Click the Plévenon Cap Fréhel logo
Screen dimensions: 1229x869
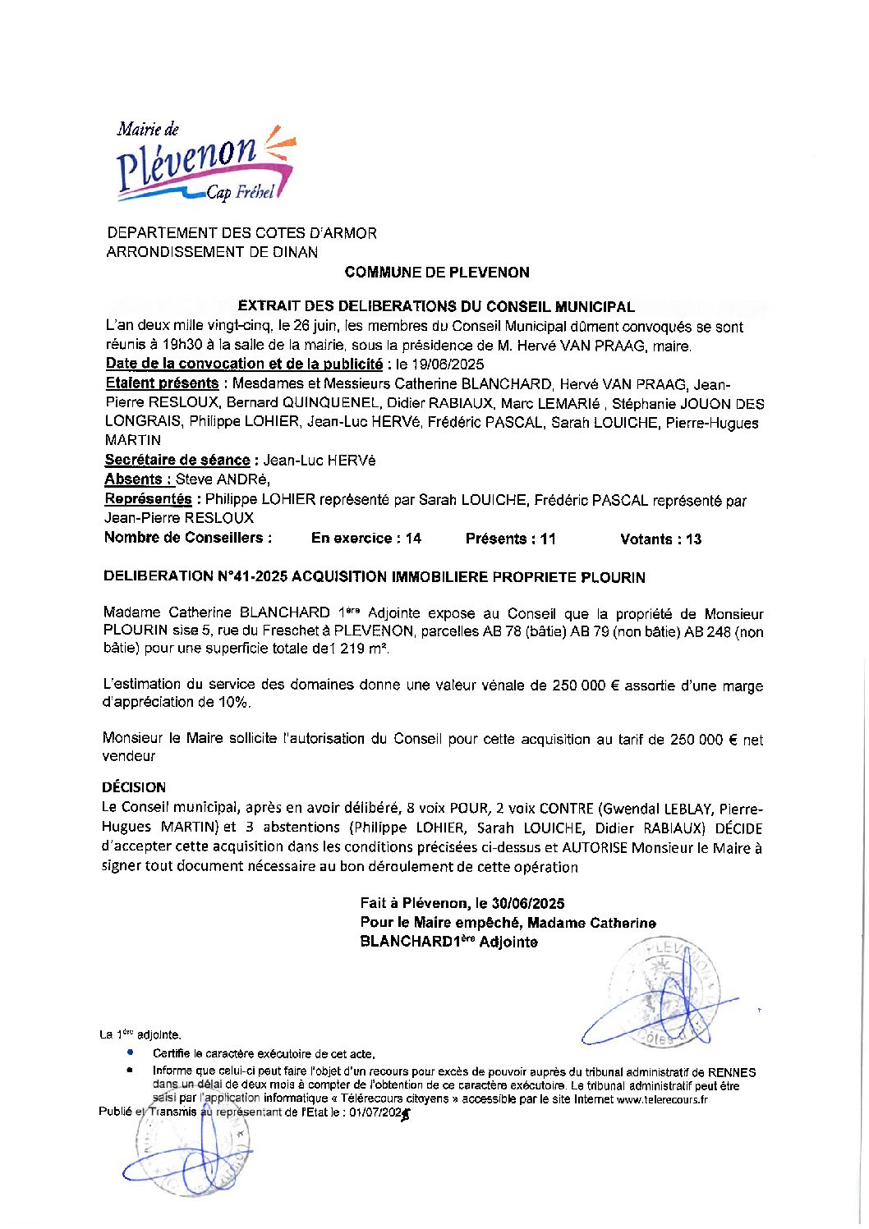click(204, 163)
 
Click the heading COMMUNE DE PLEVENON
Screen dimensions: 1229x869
click(437, 273)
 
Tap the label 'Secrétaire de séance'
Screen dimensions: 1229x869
click(177, 461)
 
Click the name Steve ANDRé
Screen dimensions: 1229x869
click(223, 479)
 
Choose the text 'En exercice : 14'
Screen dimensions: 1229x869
click(366, 539)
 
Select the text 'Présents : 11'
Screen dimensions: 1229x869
click(510, 539)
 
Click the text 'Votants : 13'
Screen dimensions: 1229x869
click(660, 539)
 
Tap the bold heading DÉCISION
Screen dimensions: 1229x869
click(134, 787)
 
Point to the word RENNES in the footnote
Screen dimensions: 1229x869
click(731, 1072)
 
